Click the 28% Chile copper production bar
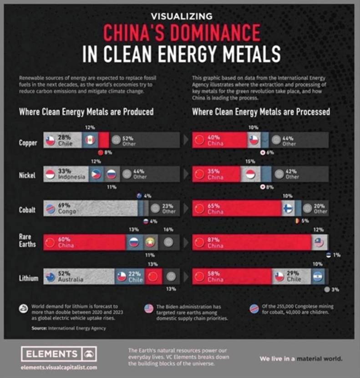coord(63,140)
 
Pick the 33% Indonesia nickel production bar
coord(66,174)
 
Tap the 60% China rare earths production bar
coord(84,242)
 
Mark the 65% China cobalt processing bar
coord(237,209)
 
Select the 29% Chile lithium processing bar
coord(291,276)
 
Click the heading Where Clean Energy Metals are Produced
coord(86,112)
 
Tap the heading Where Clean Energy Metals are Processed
coord(261,112)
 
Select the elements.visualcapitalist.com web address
coord(59,367)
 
